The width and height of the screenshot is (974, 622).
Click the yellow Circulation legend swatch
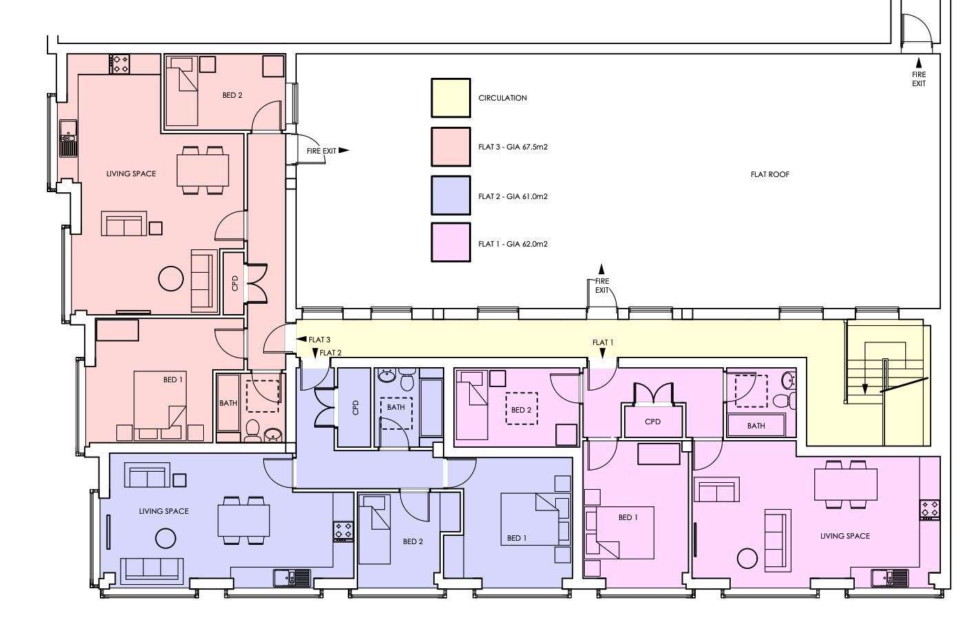tap(450, 98)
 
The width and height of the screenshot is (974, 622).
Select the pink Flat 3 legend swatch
tap(450, 147)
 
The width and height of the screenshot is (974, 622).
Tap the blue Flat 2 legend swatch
tap(450, 196)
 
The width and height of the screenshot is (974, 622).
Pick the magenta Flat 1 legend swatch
tap(450, 242)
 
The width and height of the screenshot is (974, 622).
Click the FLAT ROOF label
tap(769, 174)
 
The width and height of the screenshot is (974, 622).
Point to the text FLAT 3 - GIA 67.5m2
tap(512, 147)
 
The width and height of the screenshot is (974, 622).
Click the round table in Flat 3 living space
tap(171, 278)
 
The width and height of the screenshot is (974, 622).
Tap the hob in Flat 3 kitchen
tap(120, 64)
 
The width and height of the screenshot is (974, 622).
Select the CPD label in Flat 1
tap(652, 422)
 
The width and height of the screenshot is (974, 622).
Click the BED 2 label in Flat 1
tap(521, 410)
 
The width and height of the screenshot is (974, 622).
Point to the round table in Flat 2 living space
tap(166, 539)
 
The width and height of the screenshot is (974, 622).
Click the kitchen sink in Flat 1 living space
tap(889, 578)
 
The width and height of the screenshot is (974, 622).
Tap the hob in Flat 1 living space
tap(930, 509)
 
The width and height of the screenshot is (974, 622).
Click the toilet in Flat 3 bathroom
tap(251, 431)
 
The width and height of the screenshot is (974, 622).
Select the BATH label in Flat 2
tap(395, 408)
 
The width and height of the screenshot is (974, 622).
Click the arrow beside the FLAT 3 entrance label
tap(302, 340)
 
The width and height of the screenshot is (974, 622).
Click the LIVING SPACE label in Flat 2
tap(164, 511)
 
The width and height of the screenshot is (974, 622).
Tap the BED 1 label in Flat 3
tap(173, 380)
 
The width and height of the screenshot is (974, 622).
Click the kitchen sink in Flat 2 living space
tap(292, 578)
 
